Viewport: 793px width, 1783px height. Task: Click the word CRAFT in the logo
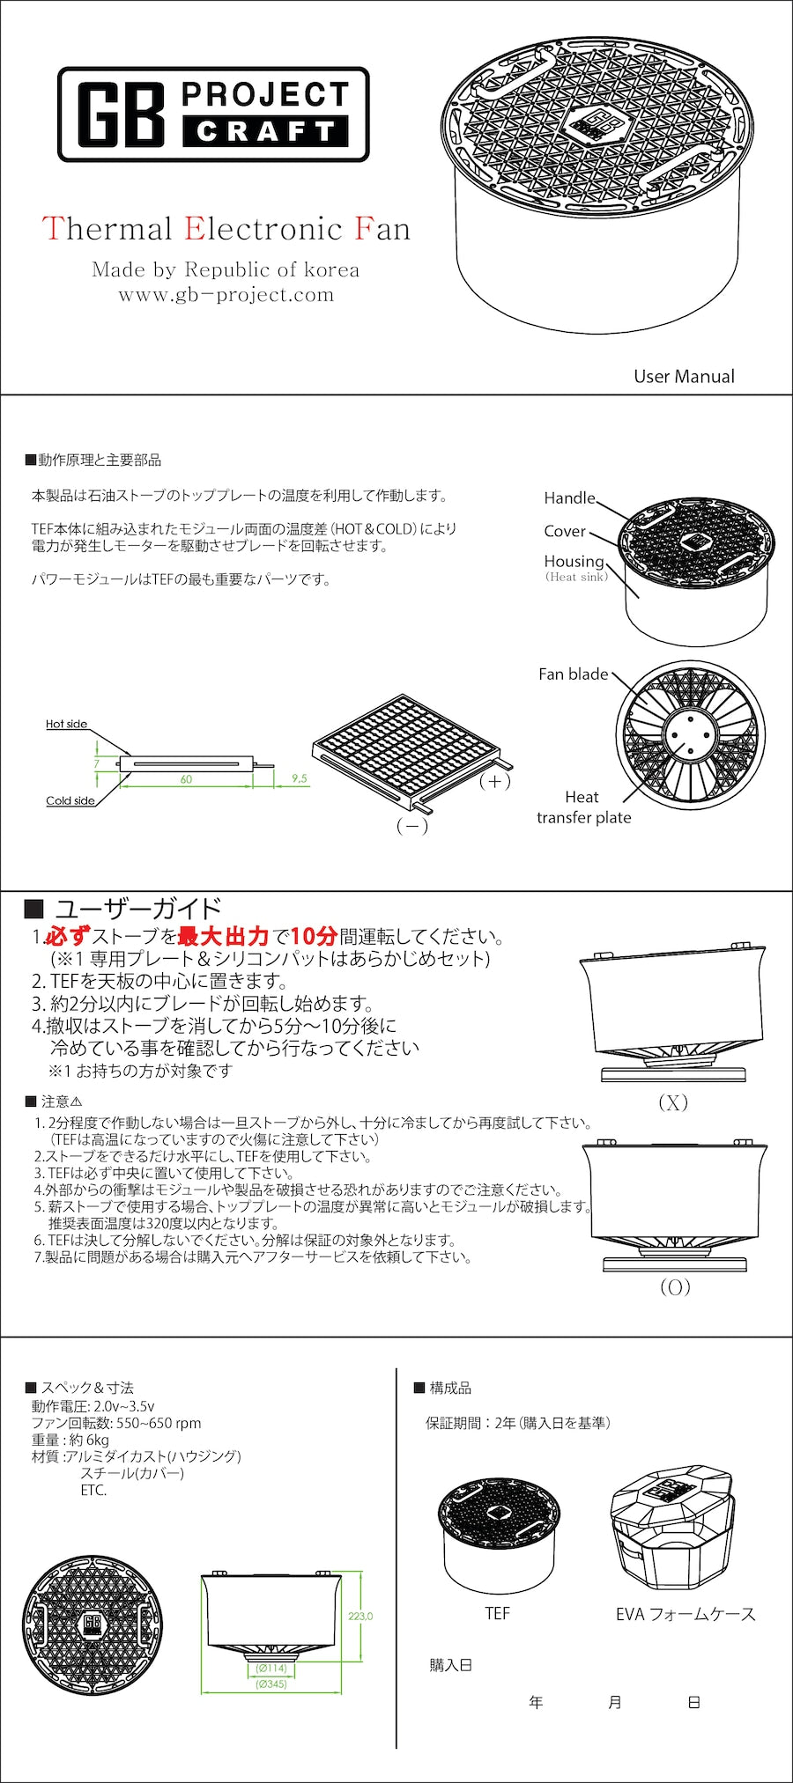point(265,131)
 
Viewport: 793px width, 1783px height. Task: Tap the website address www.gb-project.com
point(226,295)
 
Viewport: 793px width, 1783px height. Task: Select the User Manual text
point(684,376)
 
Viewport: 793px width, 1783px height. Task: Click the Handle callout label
point(569,497)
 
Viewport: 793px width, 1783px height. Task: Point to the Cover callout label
point(565,531)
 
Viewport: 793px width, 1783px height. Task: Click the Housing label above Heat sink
point(574,561)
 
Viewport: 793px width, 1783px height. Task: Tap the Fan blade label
point(573,674)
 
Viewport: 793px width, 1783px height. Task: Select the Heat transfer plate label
point(583,807)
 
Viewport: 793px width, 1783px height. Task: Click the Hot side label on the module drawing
point(66,724)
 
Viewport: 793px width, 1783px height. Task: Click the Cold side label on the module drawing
point(70,800)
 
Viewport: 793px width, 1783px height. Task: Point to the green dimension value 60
point(186,779)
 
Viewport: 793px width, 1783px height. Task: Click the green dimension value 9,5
point(300,778)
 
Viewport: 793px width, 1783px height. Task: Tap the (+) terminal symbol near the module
point(494,781)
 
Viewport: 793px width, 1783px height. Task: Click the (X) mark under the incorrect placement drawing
point(673,1102)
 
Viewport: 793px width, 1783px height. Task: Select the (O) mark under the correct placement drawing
point(675,1287)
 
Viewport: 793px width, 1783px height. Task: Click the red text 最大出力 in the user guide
point(223,936)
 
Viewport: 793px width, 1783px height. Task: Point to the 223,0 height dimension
point(360,1617)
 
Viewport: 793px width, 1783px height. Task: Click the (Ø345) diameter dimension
point(271,1684)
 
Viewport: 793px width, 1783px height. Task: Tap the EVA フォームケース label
point(686,1614)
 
